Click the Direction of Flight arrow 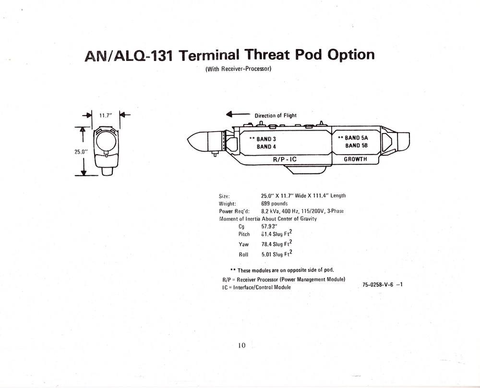pos(238,114)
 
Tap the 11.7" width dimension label pos(106,116)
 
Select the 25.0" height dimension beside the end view pos(81,152)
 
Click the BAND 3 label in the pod pos(266,139)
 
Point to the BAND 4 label pos(266,146)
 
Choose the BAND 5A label pos(356,138)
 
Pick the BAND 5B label pos(356,145)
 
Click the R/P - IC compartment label pos(285,159)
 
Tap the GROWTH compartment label pos(355,159)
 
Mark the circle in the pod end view pos(106,142)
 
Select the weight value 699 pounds pos(274,204)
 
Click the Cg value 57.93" pos(269,226)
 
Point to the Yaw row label pos(244,244)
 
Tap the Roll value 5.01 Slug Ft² pos(277,253)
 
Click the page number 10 pos(242,345)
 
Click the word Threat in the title pos(267,55)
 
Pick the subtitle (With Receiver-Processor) pos(238,69)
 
